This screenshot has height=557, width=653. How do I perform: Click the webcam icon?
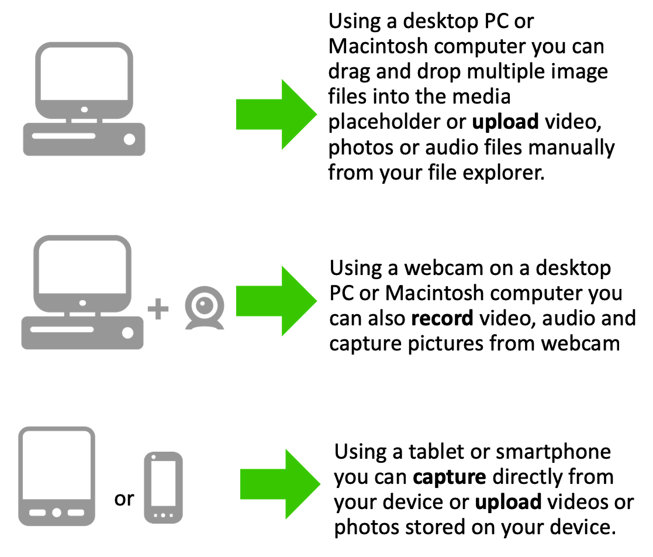(205, 308)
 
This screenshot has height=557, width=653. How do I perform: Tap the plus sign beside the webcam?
(158, 309)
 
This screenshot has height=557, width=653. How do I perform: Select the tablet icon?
(57, 476)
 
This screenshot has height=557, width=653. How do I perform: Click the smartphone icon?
(163, 487)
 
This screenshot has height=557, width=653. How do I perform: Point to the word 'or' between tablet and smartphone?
(124, 499)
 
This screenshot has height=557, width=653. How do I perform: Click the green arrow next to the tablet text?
(280, 484)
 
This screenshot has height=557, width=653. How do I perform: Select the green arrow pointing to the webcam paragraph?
(277, 301)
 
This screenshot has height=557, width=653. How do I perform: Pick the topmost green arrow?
(277, 114)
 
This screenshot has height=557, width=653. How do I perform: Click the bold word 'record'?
(442, 318)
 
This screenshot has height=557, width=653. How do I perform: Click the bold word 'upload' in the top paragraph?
(505, 122)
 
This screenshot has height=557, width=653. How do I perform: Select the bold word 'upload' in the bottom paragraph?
(508, 503)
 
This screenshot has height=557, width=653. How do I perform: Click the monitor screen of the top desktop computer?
(84, 73)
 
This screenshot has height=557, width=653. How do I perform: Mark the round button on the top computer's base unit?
(130, 139)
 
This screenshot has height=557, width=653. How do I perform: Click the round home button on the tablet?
(57, 513)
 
